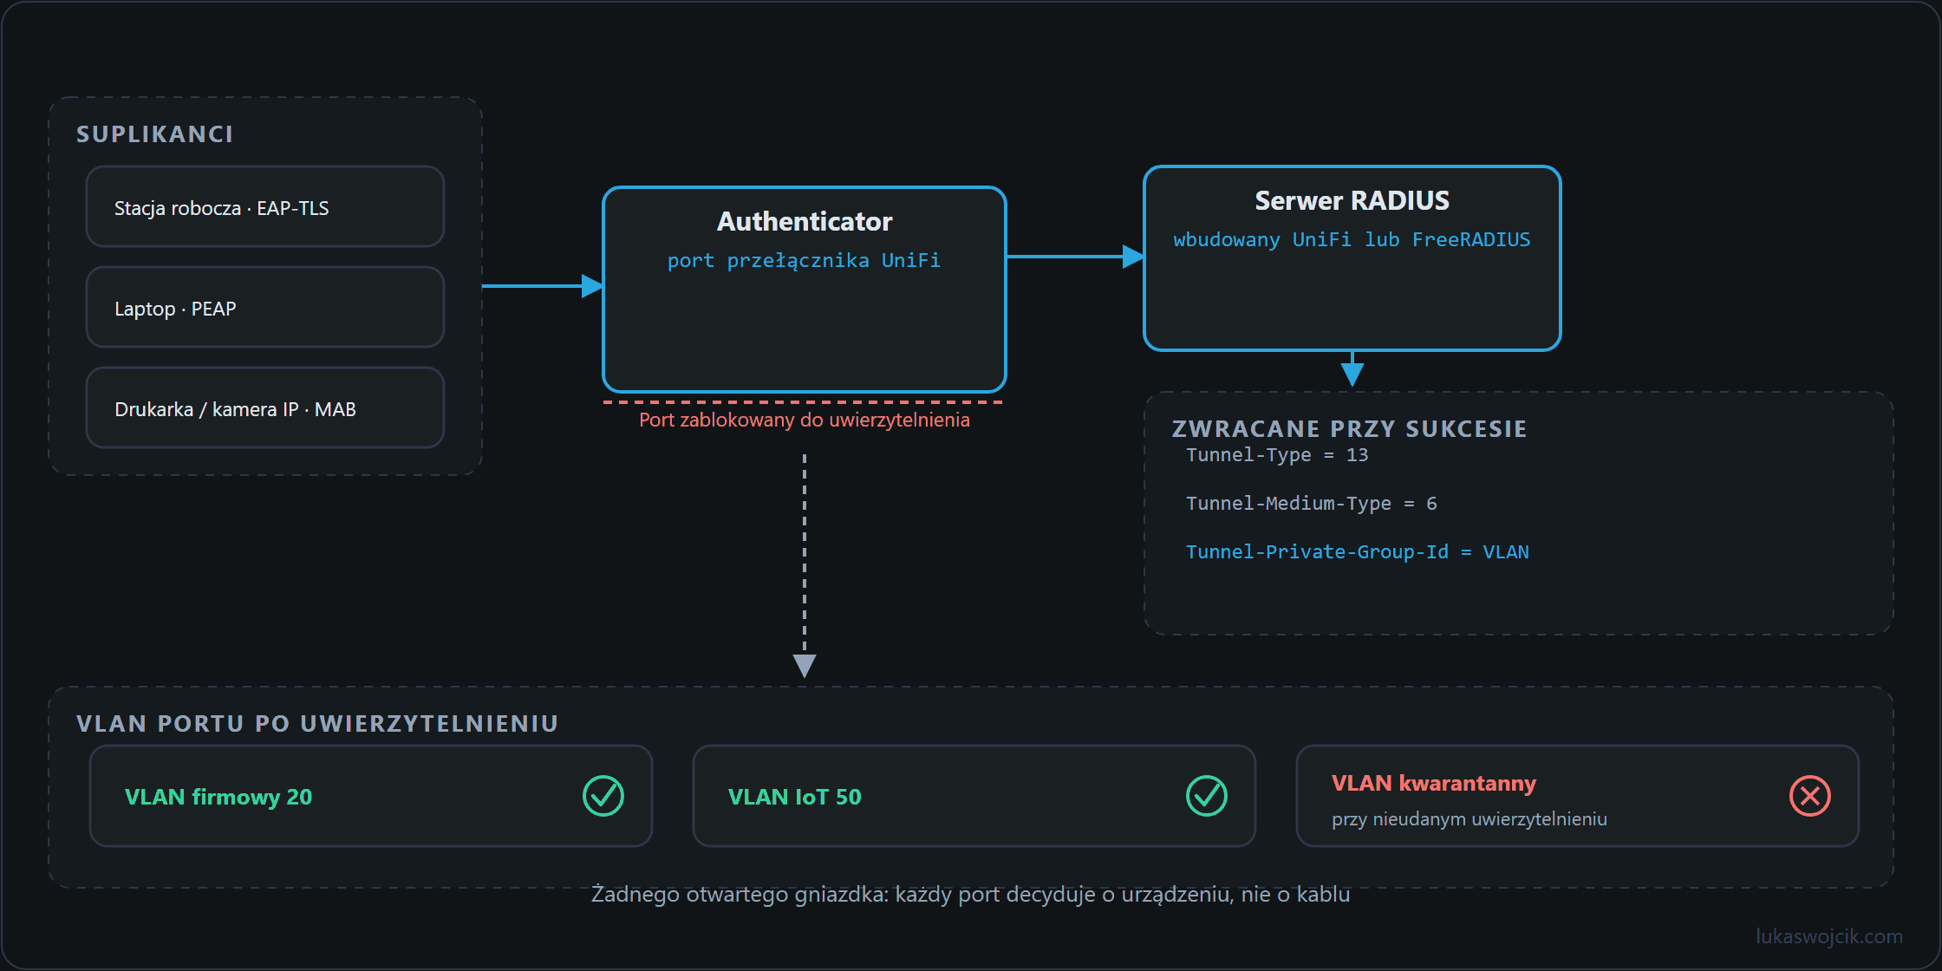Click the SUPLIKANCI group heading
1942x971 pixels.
[154, 134]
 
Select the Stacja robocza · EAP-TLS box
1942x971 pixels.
[265, 206]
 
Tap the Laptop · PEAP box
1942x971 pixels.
[265, 307]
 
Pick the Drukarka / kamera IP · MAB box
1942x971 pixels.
[265, 407]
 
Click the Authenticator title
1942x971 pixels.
[805, 222]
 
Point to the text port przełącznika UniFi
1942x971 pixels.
[804, 261]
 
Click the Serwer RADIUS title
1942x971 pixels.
[1352, 201]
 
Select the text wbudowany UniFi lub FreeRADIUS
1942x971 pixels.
[1352, 240]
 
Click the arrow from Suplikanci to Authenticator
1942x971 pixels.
[543, 285]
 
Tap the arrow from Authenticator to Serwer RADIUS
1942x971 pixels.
[1075, 257]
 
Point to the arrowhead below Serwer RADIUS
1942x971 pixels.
[1352, 375]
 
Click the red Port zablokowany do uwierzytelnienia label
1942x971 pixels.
[805, 420]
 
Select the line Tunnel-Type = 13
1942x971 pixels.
[1277, 455]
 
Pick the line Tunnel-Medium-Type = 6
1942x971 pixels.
[1312, 504]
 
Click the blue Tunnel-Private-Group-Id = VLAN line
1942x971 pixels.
[1358, 552]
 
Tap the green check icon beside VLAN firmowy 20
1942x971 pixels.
[603, 796]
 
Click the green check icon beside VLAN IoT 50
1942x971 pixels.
[1207, 796]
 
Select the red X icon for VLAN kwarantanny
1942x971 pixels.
[1810, 796]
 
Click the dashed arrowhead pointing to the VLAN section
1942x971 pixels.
[805, 666]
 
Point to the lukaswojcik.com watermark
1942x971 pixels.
[1829, 936]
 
